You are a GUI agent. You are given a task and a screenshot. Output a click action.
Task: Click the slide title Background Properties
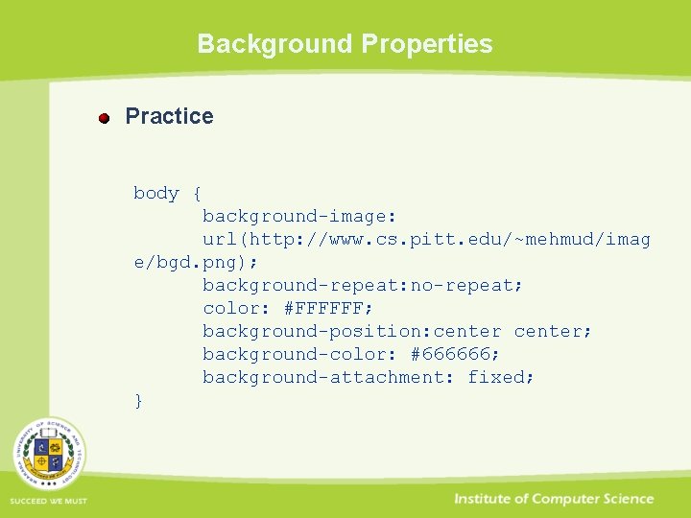[x=345, y=44]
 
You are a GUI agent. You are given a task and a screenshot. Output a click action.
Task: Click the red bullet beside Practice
[x=105, y=118]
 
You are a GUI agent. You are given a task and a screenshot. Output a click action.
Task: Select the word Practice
[x=170, y=116]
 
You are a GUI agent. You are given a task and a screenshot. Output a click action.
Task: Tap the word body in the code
[x=156, y=193]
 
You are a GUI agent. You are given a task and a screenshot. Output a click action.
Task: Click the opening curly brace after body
[x=197, y=194]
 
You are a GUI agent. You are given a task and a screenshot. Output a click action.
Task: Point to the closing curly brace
[x=139, y=401]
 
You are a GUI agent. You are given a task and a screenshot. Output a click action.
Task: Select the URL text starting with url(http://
[x=426, y=239]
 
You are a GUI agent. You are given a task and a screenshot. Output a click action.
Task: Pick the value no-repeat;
[x=467, y=285]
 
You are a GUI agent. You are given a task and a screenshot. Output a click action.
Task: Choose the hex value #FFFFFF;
[x=328, y=308]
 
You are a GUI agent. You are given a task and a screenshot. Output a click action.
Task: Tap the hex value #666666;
[x=455, y=354]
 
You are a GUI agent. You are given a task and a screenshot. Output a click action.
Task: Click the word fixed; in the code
[x=501, y=377]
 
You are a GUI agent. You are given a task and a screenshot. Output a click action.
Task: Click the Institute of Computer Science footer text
[x=554, y=499]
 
